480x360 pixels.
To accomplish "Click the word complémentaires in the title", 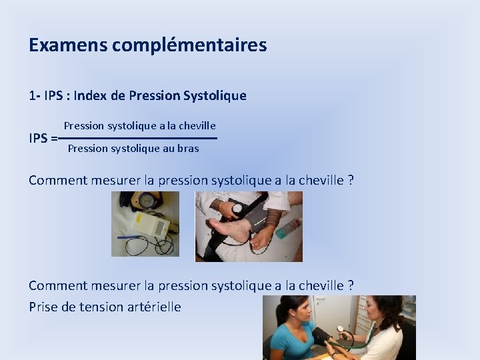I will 189,46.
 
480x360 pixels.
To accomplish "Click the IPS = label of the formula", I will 43,139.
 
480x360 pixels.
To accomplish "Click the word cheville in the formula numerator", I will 196,125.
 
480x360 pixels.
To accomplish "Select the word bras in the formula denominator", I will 188,149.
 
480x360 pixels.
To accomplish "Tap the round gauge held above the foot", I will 237,209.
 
